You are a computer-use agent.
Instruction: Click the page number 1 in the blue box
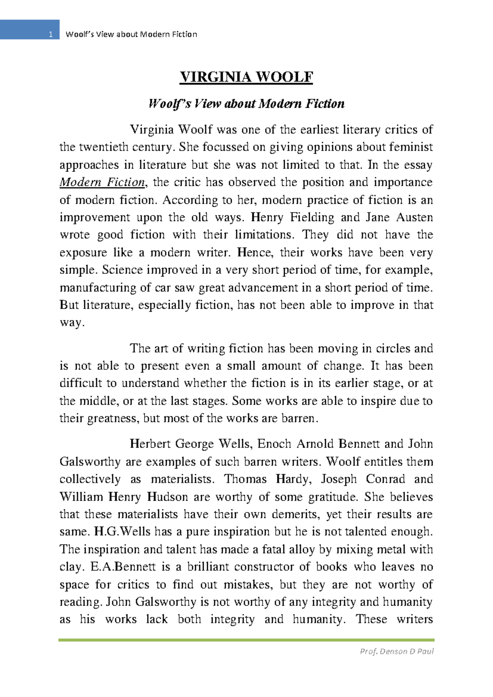click(x=51, y=35)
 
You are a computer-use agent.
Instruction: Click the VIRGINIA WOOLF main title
click(x=246, y=77)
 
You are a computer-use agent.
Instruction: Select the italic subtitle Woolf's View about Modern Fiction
click(x=246, y=104)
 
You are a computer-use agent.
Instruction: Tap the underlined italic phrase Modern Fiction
click(x=102, y=182)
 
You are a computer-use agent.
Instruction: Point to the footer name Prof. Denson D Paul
click(x=396, y=651)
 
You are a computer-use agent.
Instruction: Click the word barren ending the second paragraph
click(x=298, y=418)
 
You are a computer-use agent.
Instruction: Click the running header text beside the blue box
click(x=131, y=35)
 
